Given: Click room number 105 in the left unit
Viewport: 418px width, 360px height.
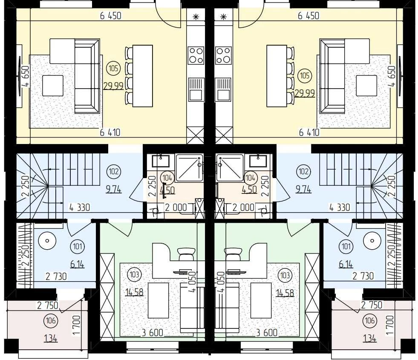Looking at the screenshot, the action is tap(113, 68).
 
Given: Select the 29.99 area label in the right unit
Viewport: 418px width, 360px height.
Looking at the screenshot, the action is tap(305, 93).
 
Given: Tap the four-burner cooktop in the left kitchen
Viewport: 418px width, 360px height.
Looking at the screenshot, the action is tap(196, 55).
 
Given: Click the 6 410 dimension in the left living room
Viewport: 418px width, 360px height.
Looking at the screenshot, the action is tap(110, 132).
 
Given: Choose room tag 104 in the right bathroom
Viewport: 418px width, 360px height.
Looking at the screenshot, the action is tap(250, 178).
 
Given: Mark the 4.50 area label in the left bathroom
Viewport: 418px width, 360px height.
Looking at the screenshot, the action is tap(167, 190).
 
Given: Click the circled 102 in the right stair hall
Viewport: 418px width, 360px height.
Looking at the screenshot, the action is tap(304, 171).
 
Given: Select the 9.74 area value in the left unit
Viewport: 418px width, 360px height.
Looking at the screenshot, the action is tap(114, 190).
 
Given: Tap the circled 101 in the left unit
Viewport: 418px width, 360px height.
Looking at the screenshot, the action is tap(77, 246).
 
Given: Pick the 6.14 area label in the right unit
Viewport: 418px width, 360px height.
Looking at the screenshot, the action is tap(346, 264).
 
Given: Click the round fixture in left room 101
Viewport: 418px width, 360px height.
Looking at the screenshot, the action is tap(47, 241).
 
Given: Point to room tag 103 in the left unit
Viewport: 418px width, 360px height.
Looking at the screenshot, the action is tap(134, 274).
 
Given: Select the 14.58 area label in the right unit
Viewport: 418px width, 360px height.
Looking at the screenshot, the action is tap(285, 293).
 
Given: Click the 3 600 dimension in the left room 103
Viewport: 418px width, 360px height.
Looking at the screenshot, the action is tap(153, 333).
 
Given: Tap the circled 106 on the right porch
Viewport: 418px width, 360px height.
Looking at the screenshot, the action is tap(370, 320).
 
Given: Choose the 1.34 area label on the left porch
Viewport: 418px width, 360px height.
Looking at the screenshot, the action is tap(51, 339).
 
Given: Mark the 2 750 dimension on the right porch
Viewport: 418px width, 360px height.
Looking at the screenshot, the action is tap(372, 305).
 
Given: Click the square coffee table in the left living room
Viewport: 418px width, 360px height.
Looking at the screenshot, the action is tap(53, 86).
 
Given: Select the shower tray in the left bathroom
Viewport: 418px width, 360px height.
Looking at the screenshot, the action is tap(190, 167).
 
